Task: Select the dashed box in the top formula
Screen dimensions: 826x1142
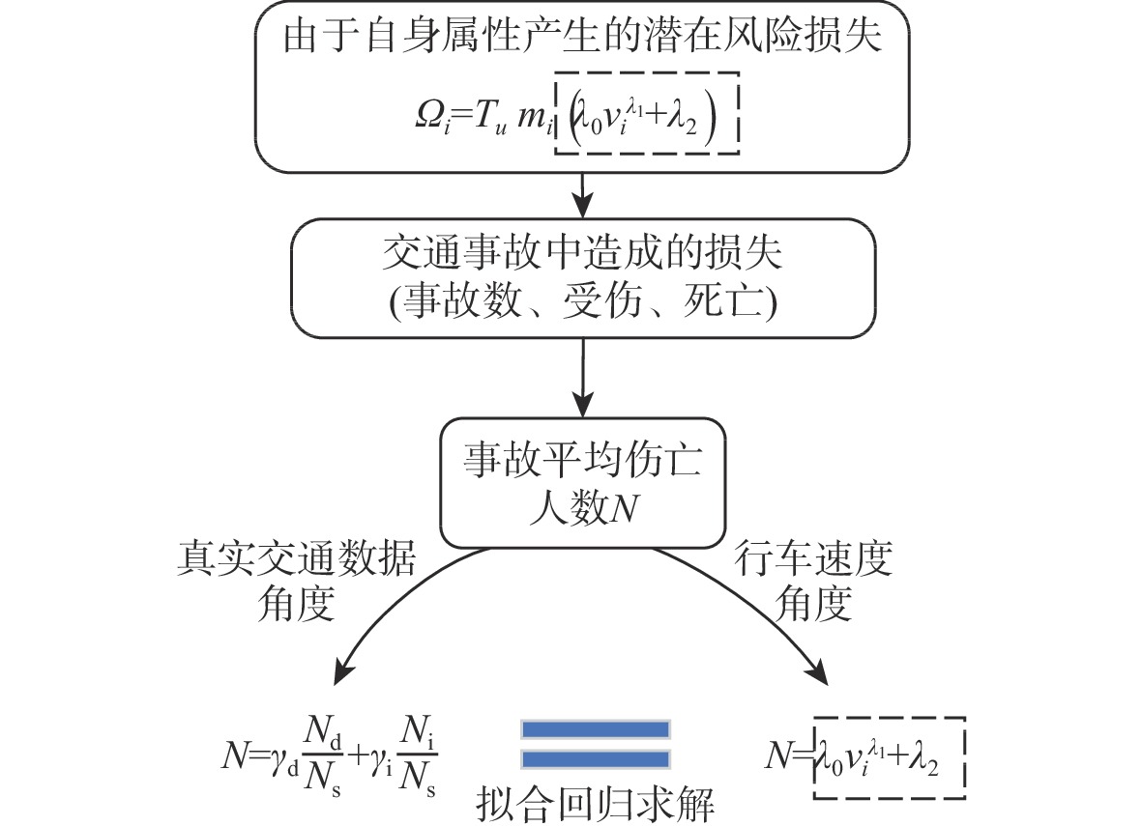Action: click(x=646, y=113)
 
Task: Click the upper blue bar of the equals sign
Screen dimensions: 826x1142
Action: click(x=596, y=729)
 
